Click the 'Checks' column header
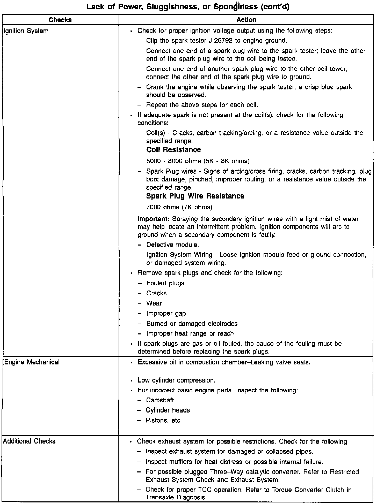tap(60, 20)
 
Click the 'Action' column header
tap(246, 20)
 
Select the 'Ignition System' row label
tap(26, 31)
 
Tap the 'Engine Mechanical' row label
tap(32, 362)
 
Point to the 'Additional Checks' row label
tap(29, 441)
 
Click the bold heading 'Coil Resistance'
tap(173, 150)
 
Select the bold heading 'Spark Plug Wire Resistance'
tap(195, 196)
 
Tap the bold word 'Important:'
tap(154, 219)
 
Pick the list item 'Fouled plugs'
tap(165, 283)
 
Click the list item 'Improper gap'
tap(166, 314)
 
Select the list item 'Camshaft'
tap(160, 400)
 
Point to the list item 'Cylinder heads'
tap(168, 410)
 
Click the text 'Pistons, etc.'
tap(164, 421)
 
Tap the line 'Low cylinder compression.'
tap(177, 380)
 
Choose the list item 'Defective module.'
tap(172, 245)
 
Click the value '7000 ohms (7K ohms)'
tap(179, 207)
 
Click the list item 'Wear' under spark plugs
tap(154, 303)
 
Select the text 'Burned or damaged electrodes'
tap(192, 324)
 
